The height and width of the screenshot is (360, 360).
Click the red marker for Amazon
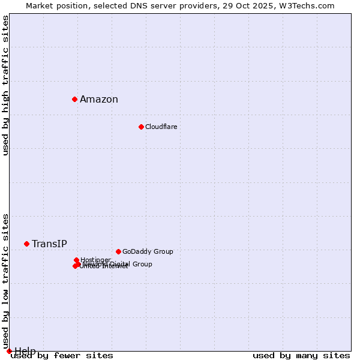pyautogui.click(x=74, y=99)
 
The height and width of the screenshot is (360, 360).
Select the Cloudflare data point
pyautogui.click(x=141, y=127)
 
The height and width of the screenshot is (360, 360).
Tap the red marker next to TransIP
pyautogui.click(x=26, y=244)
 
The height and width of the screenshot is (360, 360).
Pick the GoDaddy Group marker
pyautogui.click(x=118, y=251)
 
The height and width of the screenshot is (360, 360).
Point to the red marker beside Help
pyautogui.click(x=9, y=351)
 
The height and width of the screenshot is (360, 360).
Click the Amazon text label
pyautogui.click(x=99, y=100)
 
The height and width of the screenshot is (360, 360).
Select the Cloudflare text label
pyautogui.click(x=161, y=127)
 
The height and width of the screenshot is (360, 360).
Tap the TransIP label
pyautogui.click(x=49, y=244)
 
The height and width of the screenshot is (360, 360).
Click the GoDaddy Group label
pyautogui.click(x=148, y=251)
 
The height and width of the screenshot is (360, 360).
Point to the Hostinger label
pyautogui.click(x=95, y=260)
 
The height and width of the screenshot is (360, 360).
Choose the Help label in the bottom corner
pyautogui.click(x=25, y=351)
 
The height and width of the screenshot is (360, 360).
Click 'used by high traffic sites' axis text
pyautogui.click(x=6, y=85)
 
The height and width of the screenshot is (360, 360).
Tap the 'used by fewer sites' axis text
pyautogui.click(x=62, y=356)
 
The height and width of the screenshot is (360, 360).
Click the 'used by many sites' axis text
pyautogui.click(x=301, y=356)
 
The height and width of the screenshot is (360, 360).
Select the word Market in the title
pyautogui.click(x=41, y=6)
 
